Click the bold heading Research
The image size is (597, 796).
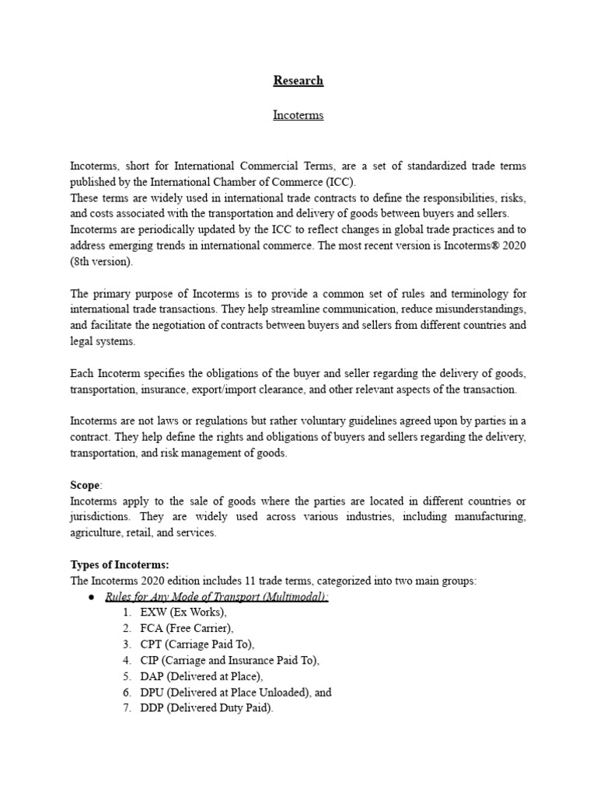[x=298, y=80]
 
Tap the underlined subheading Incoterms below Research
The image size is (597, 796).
[x=298, y=115]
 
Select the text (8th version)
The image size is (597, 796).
[x=102, y=262]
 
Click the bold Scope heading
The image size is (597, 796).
[x=86, y=485]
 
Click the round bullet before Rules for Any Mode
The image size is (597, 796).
[x=91, y=597]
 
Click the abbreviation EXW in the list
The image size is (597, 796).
[x=154, y=613]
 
